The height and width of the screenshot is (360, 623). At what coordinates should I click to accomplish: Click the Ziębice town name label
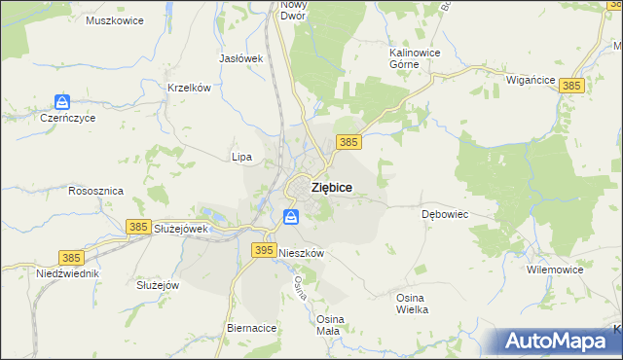tap(331, 187)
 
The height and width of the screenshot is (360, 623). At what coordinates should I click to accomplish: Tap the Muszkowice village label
tap(115, 20)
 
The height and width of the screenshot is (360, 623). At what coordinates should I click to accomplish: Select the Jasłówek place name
tap(242, 58)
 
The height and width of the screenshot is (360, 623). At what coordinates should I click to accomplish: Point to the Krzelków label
tap(189, 88)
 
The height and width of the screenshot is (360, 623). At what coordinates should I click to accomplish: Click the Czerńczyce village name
tap(66, 118)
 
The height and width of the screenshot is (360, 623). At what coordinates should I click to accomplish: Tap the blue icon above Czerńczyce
tap(63, 101)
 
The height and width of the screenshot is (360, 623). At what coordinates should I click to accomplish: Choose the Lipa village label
tap(241, 157)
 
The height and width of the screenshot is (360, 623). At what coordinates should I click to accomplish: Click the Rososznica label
tap(95, 192)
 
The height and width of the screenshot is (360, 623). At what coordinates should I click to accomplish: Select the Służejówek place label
tap(182, 229)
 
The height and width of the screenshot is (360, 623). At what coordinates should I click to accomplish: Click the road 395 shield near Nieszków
tap(263, 250)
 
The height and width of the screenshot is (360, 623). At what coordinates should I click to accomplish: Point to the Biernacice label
tap(251, 329)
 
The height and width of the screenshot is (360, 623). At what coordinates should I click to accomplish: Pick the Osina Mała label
tap(328, 325)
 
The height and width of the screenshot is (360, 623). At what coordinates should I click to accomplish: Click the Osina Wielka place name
tap(412, 303)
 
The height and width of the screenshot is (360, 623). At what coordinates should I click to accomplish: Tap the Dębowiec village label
tap(446, 213)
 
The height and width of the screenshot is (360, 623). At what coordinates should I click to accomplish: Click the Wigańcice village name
tap(531, 81)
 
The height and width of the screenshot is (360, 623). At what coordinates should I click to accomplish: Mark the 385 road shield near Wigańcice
tap(572, 87)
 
